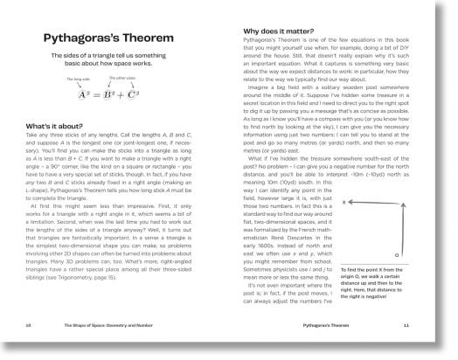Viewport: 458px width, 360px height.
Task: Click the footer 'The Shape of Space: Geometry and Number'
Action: tap(117, 347)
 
